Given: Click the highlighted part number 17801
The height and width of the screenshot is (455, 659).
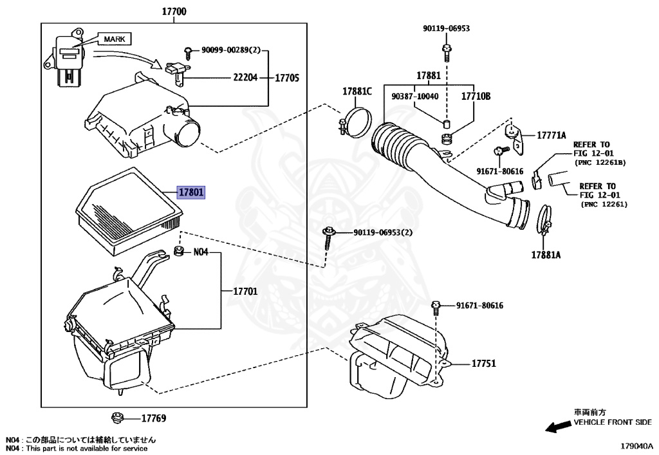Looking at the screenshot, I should pos(190,192).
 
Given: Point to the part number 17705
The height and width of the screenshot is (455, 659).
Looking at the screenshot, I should pos(287,78).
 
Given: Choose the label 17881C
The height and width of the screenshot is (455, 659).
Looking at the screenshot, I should pos(357,92).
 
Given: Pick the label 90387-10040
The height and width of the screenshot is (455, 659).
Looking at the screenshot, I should pos(414,96).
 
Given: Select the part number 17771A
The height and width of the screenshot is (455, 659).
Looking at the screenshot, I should pos(552,135).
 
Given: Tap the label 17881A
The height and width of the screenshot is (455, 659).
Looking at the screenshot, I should pos(546,254).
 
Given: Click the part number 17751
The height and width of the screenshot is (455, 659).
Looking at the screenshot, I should pos(483,364).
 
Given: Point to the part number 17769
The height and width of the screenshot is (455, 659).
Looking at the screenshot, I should pos(154,419).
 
